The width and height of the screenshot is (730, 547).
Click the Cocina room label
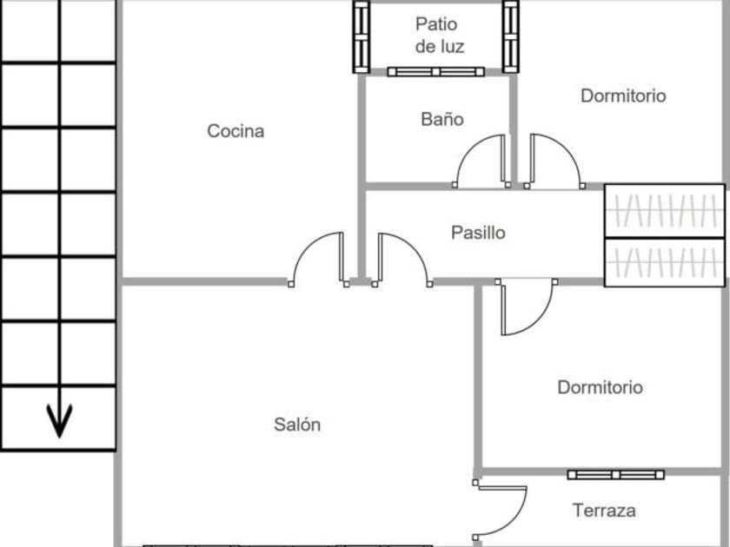pos(236,131)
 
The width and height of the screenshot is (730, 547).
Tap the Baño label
pos(441,119)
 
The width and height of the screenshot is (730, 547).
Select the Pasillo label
pos(478,233)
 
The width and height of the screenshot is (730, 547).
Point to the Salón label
pos(297,425)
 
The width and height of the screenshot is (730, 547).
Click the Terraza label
pos(604,511)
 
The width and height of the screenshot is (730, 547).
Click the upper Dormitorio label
pos(623,96)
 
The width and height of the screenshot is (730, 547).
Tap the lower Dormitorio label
pos(600,387)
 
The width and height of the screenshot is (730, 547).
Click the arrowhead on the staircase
pos(59,423)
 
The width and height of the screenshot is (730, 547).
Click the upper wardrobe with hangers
pos(664,210)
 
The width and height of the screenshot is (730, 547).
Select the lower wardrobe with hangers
pos(664,261)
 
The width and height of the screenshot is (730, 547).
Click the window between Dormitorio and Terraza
pos(615,475)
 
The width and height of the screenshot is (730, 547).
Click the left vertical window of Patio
pos(362,36)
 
